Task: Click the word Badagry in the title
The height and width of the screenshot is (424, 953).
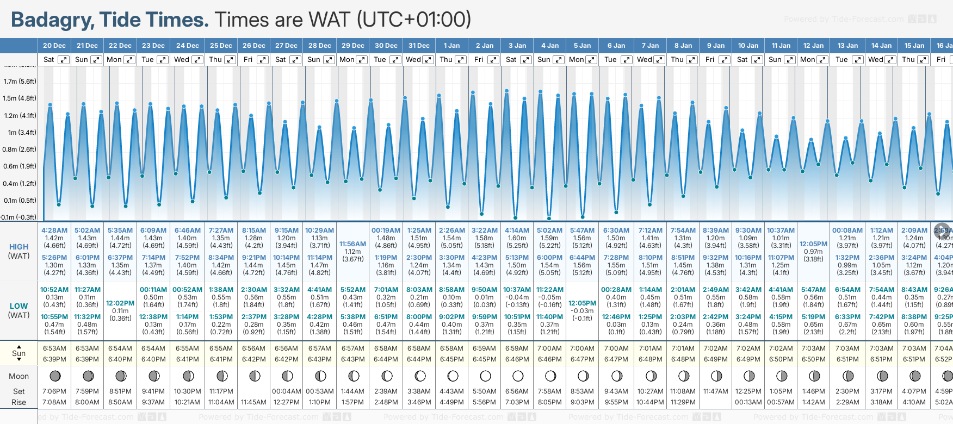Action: [52, 20]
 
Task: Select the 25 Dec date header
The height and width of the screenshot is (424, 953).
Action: [221, 46]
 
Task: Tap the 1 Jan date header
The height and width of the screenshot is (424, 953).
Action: [451, 46]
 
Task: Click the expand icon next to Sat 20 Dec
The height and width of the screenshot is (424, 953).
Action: [64, 60]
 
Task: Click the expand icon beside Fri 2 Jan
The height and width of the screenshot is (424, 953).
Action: [493, 60]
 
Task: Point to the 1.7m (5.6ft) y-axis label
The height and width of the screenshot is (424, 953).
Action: [20, 82]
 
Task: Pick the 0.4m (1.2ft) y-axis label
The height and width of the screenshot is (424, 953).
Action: [20, 184]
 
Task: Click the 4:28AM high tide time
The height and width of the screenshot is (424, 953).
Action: [54, 230]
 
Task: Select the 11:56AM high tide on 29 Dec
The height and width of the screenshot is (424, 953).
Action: [352, 244]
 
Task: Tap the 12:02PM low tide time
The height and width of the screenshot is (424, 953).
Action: [120, 303]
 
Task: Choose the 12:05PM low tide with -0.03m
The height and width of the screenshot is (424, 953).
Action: [582, 303]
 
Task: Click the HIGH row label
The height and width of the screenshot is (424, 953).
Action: [18, 247]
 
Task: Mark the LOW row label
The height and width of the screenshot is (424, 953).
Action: [18, 306]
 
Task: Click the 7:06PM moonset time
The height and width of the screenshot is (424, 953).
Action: [54, 391]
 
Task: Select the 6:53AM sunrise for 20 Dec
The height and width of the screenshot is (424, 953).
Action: [54, 348]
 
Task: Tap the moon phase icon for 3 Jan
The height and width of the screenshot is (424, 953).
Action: [518, 376]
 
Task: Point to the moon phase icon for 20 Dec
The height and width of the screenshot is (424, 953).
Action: [54, 376]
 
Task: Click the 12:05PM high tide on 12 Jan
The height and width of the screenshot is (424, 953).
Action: [813, 244]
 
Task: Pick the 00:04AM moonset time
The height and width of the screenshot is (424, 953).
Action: [287, 391]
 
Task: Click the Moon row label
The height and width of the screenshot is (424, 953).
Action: [18, 376]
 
